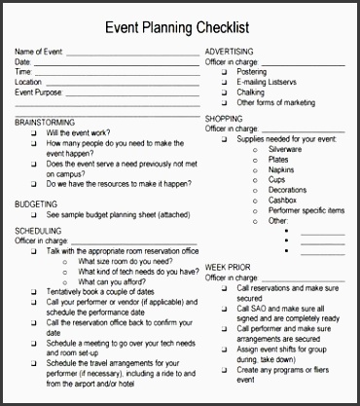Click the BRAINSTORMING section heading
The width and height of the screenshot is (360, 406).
point(45,123)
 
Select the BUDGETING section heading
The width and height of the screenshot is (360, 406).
point(36,204)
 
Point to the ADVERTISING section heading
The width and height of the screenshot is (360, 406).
point(230,51)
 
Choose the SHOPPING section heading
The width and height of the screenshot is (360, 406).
point(224,118)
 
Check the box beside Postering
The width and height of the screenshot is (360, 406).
point(223,71)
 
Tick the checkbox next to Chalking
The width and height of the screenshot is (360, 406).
point(223,92)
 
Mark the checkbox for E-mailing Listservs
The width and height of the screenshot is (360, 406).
point(223,82)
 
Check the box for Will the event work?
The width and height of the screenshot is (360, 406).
point(34,132)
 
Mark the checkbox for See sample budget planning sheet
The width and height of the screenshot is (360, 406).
point(34,215)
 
